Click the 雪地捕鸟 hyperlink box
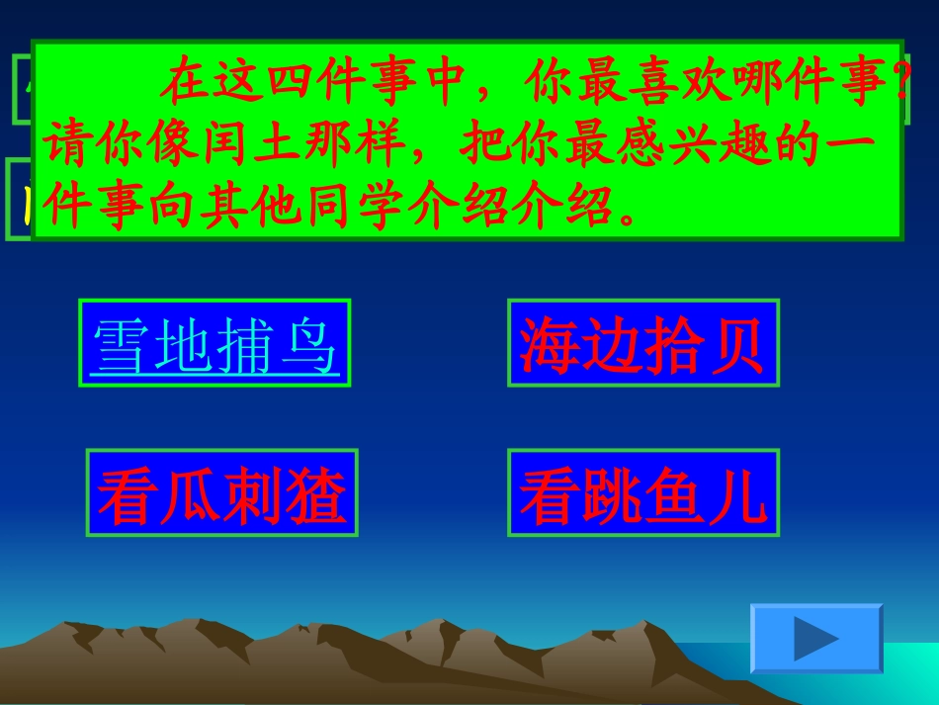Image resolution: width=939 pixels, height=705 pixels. pyautogui.click(x=214, y=342)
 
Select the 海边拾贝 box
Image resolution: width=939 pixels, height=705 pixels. pyautogui.click(x=642, y=342)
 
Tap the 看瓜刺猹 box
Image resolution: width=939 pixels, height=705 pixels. pyautogui.click(x=221, y=492)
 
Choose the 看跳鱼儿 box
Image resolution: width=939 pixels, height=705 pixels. pyautogui.click(x=642, y=492)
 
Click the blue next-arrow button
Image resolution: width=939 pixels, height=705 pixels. pyautogui.click(x=815, y=639)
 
